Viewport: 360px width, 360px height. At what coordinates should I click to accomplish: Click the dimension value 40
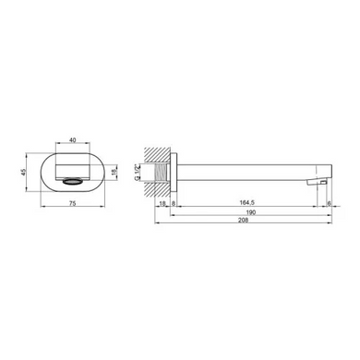tap(73, 140)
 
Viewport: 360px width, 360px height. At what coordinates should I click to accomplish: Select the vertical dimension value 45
tap(23, 172)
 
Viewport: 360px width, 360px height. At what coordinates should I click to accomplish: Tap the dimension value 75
tap(73, 203)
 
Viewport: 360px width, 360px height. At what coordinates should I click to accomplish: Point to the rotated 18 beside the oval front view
tap(114, 172)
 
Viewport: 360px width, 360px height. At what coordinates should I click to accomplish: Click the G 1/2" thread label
tap(138, 173)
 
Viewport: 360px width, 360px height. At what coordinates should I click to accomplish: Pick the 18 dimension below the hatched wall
tap(162, 203)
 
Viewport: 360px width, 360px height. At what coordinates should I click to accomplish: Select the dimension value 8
tap(174, 203)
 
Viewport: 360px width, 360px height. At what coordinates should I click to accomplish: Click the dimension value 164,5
tap(247, 202)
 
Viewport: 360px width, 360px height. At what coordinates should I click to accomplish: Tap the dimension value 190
tap(251, 212)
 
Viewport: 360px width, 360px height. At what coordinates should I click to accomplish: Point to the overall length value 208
tap(243, 220)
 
